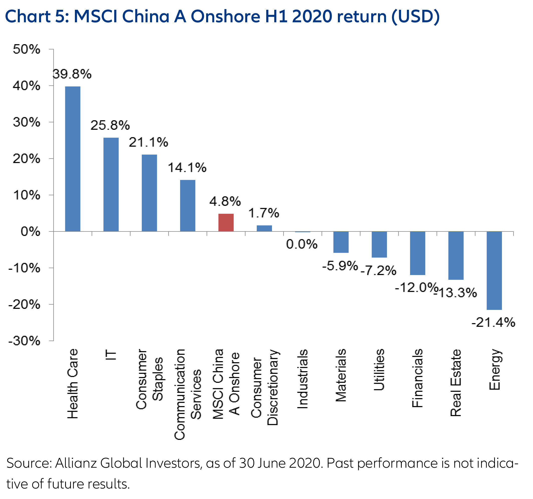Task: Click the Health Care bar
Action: pyautogui.click(x=73, y=159)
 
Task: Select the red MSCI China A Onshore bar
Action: pyautogui.click(x=226, y=222)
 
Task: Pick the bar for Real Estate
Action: pyautogui.click(x=456, y=255)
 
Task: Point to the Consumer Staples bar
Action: pyautogui.click(x=149, y=193)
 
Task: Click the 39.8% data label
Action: pyautogui.click(x=72, y=74)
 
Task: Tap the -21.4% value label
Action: pyautogui.click(x=493, y=322)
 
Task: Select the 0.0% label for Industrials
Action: pyautogui.click(x=302, y=244)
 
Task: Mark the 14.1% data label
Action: pyautogui.click(x=187, y=168)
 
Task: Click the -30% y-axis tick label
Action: pyautogui.click(x=24, y=341)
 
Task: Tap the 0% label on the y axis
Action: pyautogui.click(x=30, y=231)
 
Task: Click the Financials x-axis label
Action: pyautogui.click(x=418, y=378)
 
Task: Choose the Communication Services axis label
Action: pyautogui.click(x=188, y=394)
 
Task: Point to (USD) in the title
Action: pyautogui.click(x=415, y=17)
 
